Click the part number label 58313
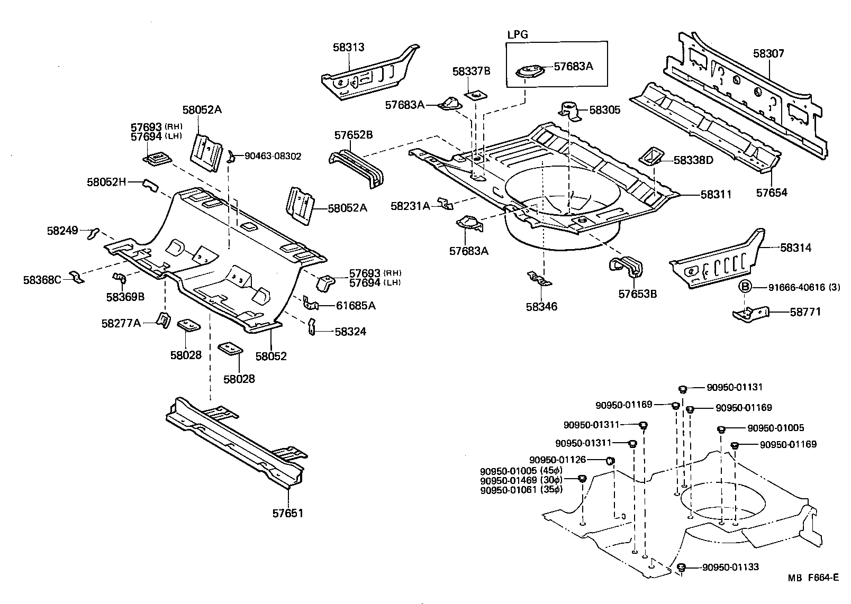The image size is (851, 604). (348, 48)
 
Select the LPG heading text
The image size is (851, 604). (518, 35)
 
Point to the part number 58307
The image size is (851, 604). (768, 53)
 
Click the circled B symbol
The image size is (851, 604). (745, 287)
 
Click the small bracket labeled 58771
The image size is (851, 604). (750, 314)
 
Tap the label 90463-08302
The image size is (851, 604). (273, 156)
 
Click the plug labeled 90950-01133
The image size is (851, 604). (682, 568)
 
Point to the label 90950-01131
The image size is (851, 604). (735, 387)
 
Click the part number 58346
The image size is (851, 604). (541, 307)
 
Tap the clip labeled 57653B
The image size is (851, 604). (628, 266)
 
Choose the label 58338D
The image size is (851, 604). (693, 160)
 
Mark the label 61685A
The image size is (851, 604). (356, 305)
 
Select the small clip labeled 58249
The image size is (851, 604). (93, 232)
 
